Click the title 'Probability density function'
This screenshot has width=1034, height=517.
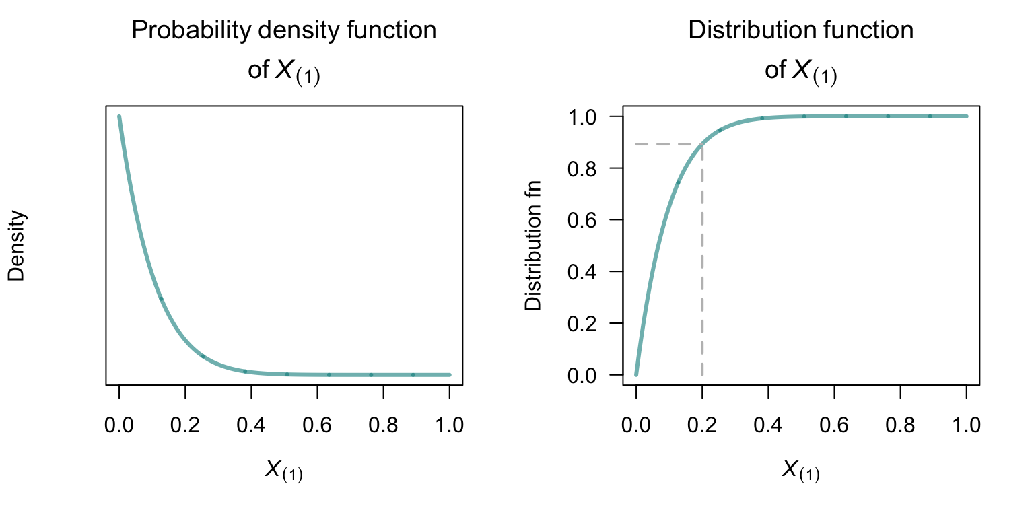[x=283, y=30]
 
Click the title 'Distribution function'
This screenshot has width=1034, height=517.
[x=800, y=30]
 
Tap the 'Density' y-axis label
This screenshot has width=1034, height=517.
[x=17, y=246]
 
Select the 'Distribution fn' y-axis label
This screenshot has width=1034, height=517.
[x=533, y=246]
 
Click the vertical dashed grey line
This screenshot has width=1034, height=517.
[x=702, y=269]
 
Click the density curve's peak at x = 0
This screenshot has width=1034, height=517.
[x=119, y=117]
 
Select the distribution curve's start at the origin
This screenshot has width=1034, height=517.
[x=636, y=374]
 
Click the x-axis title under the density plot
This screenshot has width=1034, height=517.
[x=283, y=471]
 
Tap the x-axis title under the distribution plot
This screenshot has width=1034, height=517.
[x=800, y=471]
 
